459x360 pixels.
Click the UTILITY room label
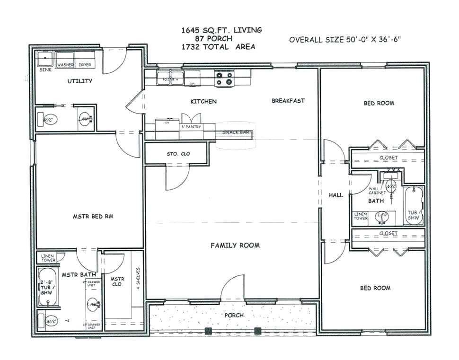(79, 81)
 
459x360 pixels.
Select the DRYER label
(85, 65)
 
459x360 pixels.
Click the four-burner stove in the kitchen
(224, 79)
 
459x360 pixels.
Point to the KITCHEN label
(203, 101)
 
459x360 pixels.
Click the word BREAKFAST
(288, 101)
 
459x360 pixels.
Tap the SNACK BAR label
(236, 132)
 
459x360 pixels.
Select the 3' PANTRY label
(191, 127)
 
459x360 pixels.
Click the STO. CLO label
(176, 154)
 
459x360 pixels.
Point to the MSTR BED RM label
(93, 216)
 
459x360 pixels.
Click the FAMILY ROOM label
(235, 245)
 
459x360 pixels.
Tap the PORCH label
(234, 315)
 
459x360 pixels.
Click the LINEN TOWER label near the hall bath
(361, 216)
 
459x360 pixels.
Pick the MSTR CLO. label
(117, 281)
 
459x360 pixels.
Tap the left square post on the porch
(207, 331)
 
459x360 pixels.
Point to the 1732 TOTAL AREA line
(218, 47)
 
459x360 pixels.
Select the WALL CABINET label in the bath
(377, 191)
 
